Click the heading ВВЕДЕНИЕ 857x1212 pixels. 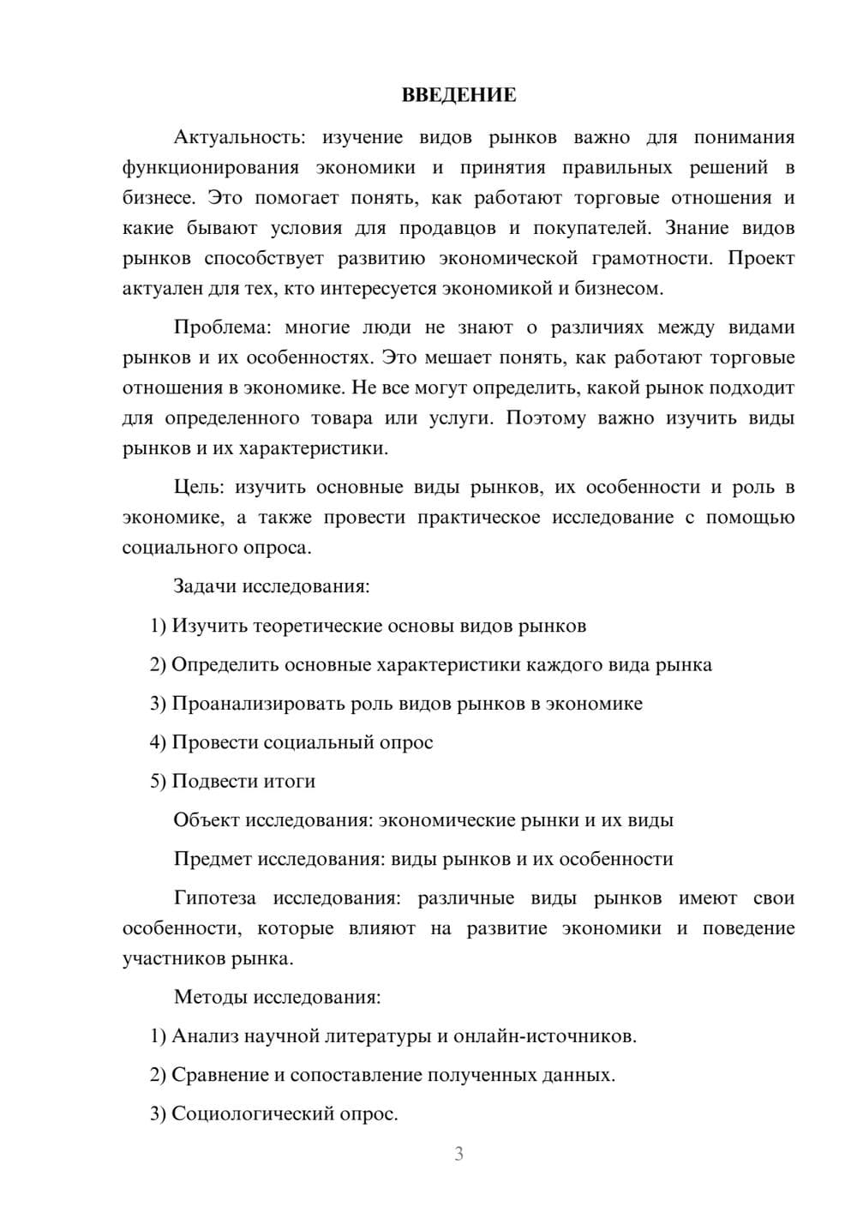458,95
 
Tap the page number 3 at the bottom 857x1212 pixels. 458,1154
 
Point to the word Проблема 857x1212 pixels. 219,327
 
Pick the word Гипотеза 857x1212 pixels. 214,898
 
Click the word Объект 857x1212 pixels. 207,820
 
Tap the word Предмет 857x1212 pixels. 213,859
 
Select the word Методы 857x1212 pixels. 207,997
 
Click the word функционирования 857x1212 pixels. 211,167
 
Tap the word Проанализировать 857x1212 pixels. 258,704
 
